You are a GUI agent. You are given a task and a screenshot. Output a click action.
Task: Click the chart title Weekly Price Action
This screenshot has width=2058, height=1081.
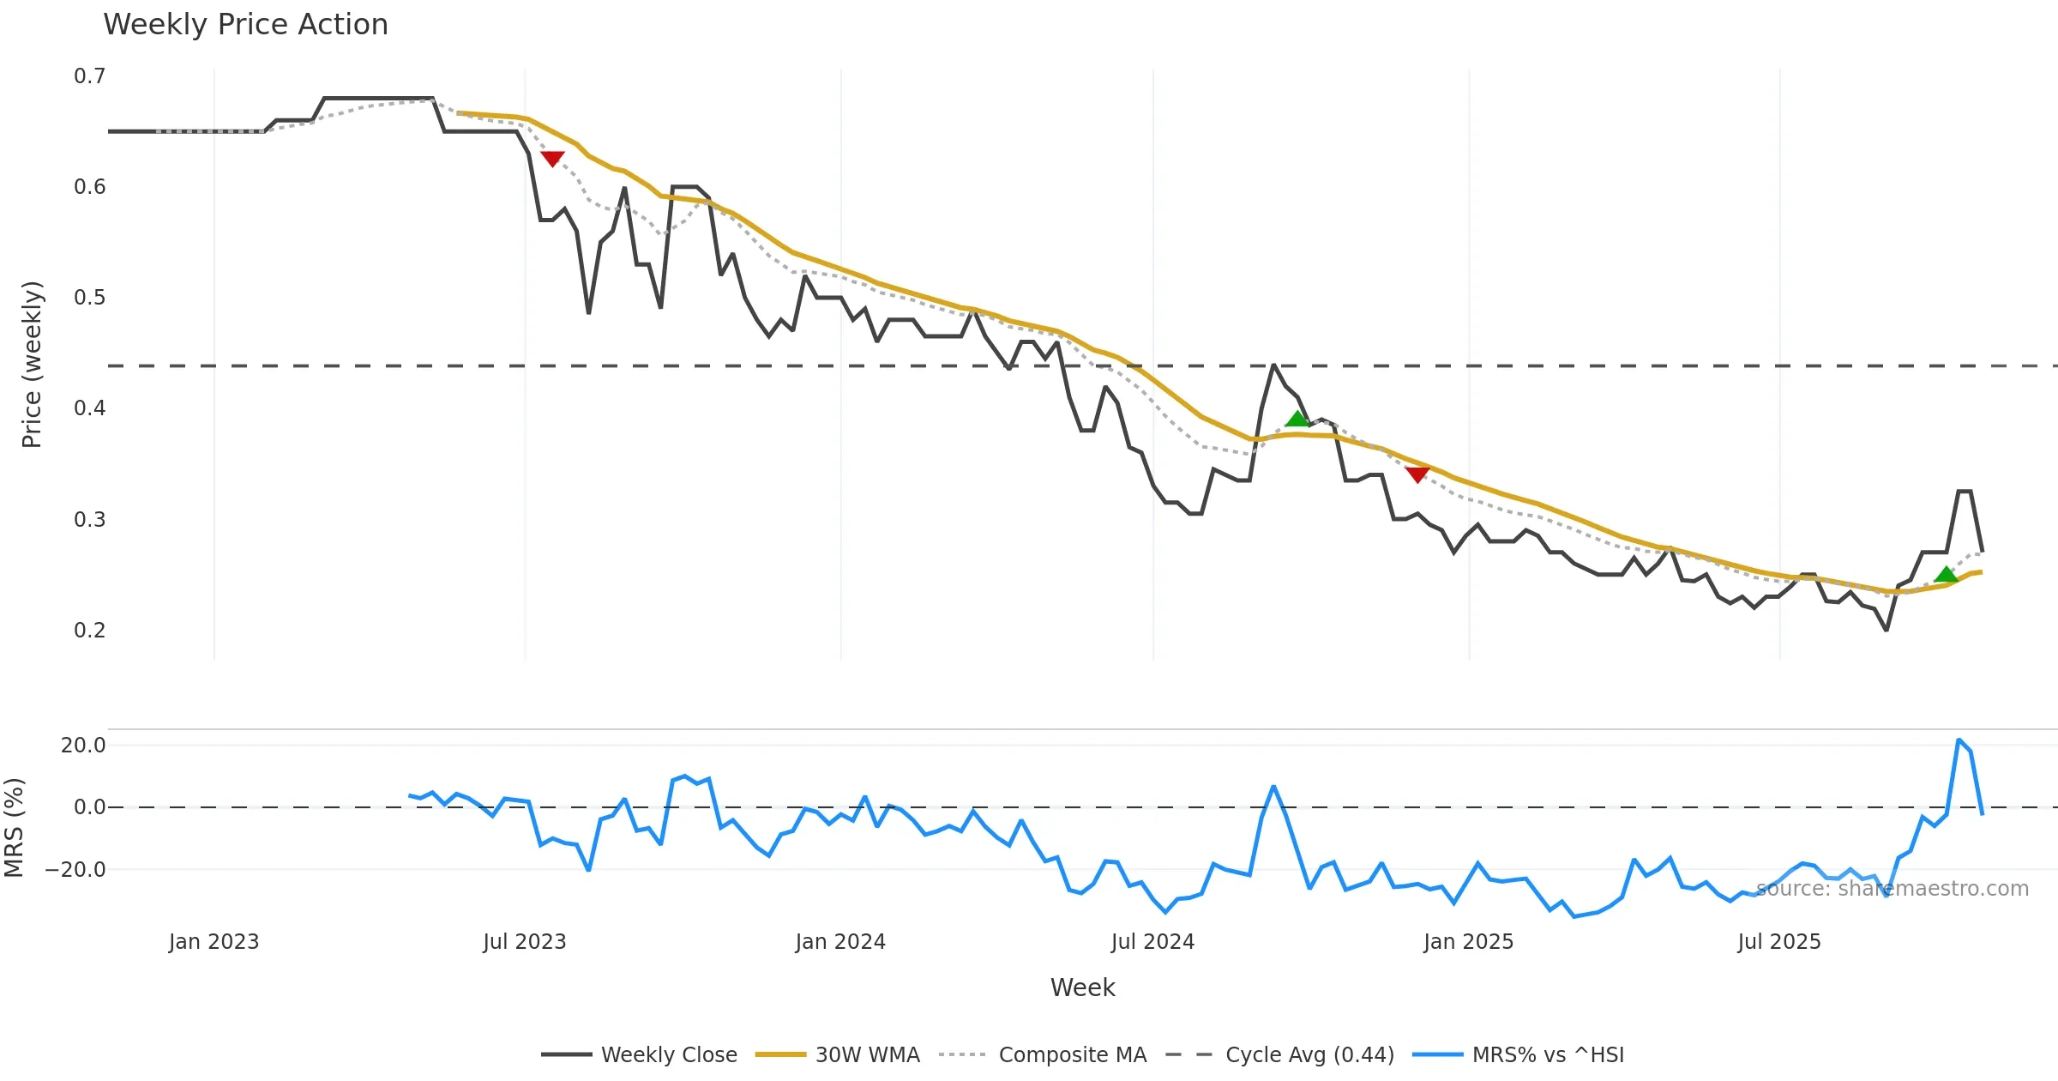[245, 25]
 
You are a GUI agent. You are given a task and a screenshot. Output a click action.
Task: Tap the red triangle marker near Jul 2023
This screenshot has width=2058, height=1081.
[552, 159]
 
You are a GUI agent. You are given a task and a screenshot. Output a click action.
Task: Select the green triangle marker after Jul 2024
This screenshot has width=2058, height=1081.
[1297, 419]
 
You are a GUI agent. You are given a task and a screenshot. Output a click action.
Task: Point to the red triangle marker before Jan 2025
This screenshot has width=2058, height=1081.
[1417, 474]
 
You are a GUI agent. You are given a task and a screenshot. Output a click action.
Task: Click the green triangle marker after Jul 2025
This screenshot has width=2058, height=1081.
[1947, 574]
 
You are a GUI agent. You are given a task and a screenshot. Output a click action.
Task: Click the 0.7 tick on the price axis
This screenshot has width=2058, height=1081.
[89, 76]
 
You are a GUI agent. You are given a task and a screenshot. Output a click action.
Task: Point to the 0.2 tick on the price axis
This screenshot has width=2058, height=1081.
[89, 631]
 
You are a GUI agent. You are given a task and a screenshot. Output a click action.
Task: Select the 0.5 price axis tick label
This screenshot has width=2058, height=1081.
[89, 298]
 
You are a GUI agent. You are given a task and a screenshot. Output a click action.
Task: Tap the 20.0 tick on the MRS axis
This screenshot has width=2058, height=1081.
[83, 746]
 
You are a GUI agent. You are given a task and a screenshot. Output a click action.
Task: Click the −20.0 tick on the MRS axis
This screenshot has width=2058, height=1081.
[75, 870]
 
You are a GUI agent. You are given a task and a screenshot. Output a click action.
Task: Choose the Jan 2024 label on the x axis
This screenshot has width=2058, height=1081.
[840, 942]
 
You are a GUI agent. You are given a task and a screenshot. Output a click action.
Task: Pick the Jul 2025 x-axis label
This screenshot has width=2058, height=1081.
[1779, 942]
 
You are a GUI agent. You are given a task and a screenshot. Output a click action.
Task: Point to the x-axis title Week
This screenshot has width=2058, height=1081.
[1082, 987]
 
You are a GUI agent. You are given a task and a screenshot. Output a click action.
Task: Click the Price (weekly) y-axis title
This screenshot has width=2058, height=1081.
[32, 365]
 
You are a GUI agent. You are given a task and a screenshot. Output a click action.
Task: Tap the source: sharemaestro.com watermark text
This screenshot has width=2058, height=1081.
[1893, 889]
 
